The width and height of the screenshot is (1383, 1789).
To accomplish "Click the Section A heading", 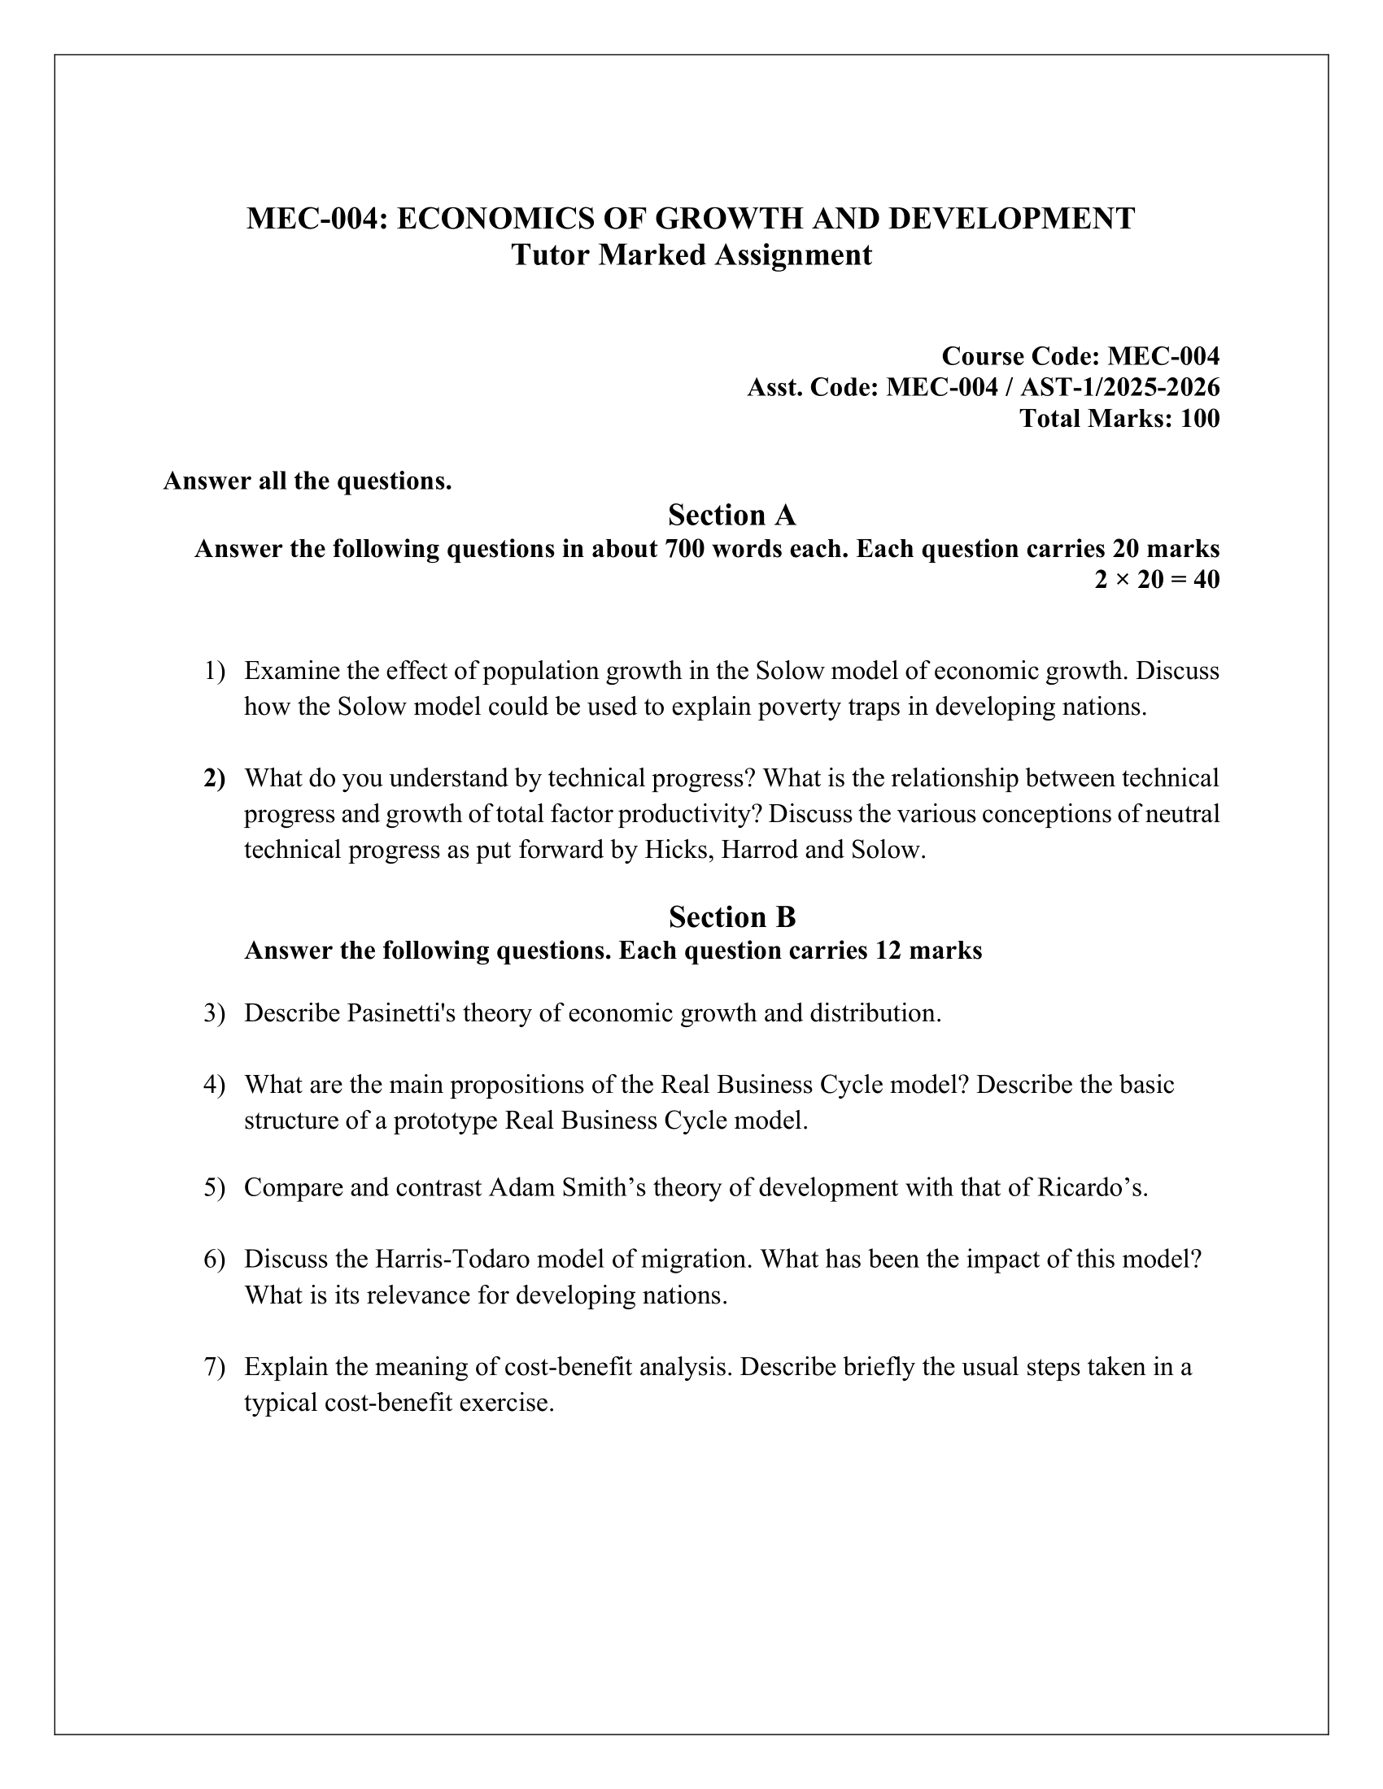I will point(731,516).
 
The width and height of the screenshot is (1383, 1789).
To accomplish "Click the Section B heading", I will point(731,916).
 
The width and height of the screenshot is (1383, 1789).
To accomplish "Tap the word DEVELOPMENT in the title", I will point(1012,219).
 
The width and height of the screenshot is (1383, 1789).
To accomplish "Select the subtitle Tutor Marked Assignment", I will point(691,255).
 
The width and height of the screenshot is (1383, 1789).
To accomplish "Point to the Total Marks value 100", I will point(1198,419).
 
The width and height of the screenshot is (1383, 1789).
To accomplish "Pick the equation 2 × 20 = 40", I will point(1157,580).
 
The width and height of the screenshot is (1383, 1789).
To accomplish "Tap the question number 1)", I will point(214,671).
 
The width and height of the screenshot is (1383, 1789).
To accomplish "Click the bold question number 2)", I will point(214,778).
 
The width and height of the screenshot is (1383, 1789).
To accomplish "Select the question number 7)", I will point(214,1367).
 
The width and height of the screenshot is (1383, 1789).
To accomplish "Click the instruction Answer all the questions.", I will point(308,481).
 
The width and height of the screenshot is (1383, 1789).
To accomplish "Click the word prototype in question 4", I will point(446,1120).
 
